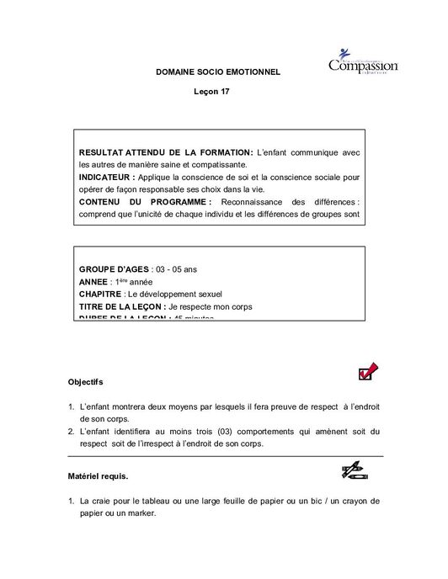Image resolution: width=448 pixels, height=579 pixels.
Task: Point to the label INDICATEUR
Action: [x=107, y=178]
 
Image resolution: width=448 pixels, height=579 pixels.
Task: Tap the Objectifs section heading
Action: [x=86, y=381]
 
